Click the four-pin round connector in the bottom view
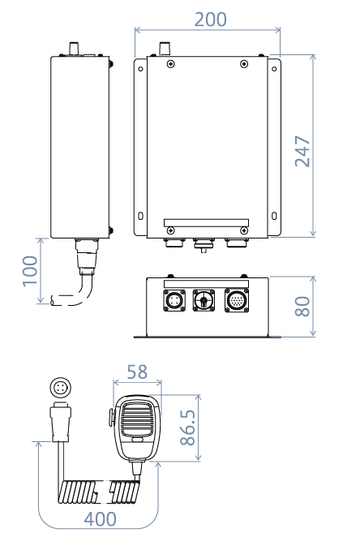point(174,299)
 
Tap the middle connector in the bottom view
point(203,300)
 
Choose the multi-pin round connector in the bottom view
point(234,299)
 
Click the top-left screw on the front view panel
point(169,64)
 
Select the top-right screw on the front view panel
point(244,64)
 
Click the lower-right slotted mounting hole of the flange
point(273,217)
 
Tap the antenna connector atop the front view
point(162,48)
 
